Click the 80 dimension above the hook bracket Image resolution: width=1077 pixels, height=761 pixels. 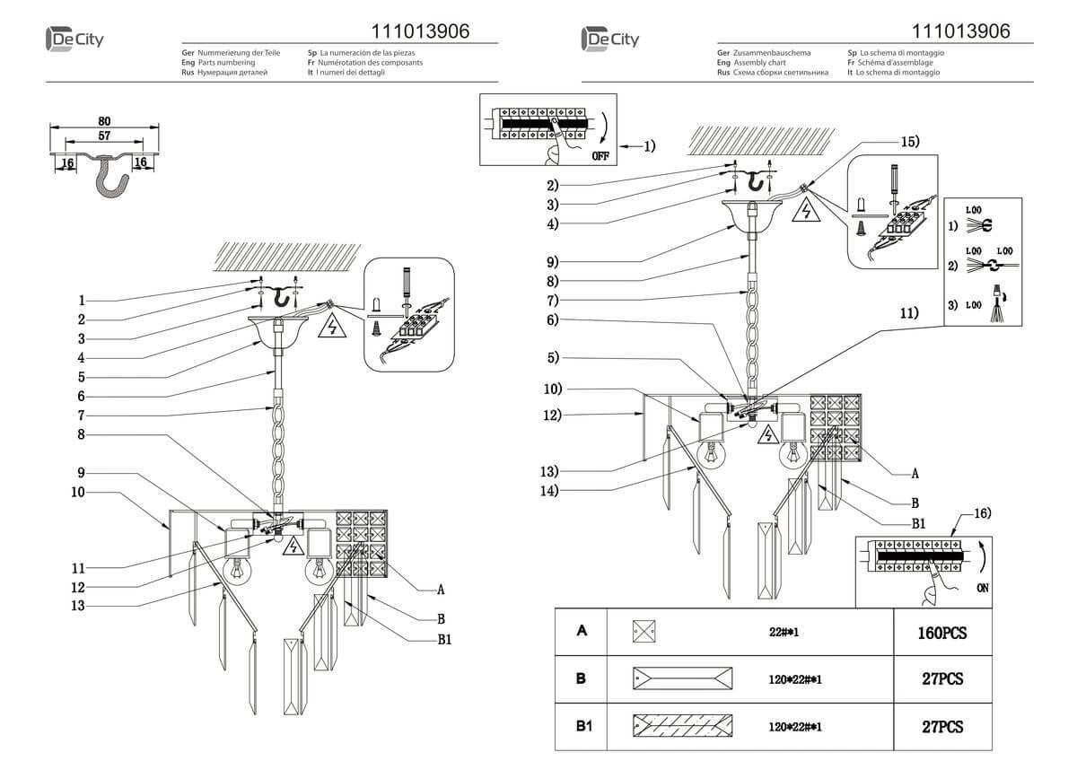click(x=104, y=121)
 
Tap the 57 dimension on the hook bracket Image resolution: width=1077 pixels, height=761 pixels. click(x=104, y=136)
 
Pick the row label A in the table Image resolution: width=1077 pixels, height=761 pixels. click(x=582, y=632)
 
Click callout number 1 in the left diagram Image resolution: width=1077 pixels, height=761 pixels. click(x=81, y=300)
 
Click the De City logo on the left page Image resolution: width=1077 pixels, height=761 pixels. click(x=76, y=39)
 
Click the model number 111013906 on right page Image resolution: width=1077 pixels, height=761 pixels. click(x=960, y=31)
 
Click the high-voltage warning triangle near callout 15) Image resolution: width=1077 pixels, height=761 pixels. click(x=806, y=212)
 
